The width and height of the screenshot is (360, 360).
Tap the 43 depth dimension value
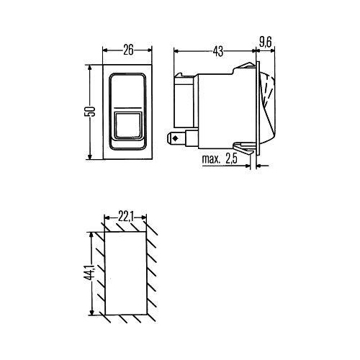(218, 50)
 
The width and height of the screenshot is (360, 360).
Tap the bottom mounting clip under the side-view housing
(246, 150)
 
